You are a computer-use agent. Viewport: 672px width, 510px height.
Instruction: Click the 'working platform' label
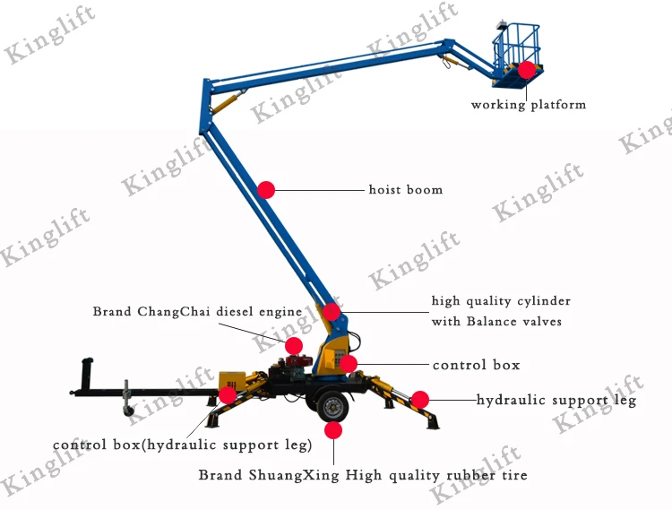click(x=529, y=105)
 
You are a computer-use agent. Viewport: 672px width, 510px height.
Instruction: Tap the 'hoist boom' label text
click(x=405, y=189)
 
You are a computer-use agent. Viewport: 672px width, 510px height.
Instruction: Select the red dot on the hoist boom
click(x=266, y=190)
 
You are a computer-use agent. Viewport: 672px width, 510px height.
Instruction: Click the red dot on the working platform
click(x=527, y=69)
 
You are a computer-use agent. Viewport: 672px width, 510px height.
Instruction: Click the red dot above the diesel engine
click(x=294, y=346)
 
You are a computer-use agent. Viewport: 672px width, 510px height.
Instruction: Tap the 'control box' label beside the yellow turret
click(x=476, y=365)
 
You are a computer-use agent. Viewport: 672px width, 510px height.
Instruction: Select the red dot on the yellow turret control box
click(x=348, y=364)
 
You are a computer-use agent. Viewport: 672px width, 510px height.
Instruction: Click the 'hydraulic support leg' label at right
click(x=556, y=401)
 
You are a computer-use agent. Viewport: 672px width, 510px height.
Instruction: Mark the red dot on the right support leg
click(x=420, y=400)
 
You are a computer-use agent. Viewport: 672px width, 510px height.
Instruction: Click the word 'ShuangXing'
click(x=294, y=475)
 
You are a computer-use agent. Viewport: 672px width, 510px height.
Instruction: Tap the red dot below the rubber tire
click(x=333, y=430)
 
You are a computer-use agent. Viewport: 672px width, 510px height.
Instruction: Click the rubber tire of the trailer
click(x=332, y=405)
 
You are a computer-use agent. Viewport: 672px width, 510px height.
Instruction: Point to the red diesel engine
click(x=299, y=361)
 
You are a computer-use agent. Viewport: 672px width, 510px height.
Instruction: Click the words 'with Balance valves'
click(x=496, y=322)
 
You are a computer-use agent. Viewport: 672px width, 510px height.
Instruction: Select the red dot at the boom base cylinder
click(x=332, y=312)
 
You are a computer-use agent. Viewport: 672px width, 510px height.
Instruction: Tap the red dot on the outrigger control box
click(x=228, y=394)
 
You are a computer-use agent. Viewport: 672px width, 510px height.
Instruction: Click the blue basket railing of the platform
click(x=516, y=47)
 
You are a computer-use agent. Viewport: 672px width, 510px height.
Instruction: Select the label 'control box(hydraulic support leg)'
click(x=182, y=445)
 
